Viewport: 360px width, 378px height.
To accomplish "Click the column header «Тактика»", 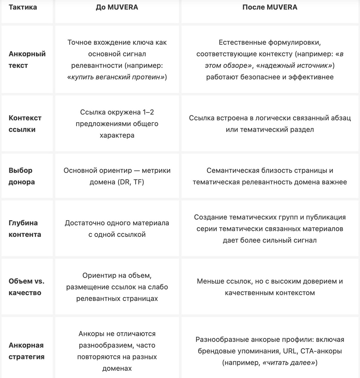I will point(23,7).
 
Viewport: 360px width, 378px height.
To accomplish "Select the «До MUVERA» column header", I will point(117,7).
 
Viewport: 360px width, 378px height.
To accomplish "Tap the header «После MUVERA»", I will point(270,7).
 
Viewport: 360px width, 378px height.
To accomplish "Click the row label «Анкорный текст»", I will point(27,60).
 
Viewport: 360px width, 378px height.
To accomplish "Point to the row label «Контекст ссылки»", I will point(25,123).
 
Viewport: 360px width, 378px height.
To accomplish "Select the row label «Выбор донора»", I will point(21,176).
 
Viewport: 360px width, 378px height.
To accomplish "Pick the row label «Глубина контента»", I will point(25,228).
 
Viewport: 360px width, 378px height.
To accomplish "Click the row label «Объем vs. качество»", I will point(26,287).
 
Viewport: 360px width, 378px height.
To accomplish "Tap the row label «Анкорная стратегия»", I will point(26,351).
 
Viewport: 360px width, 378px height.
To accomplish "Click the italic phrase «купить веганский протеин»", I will point(117,77).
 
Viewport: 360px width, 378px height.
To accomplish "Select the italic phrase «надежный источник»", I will point(294,66).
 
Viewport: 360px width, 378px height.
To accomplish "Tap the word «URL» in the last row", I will point(290,351).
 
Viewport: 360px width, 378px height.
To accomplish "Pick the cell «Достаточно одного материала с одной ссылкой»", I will point(117,228).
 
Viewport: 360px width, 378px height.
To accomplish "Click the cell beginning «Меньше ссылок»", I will point(270,287).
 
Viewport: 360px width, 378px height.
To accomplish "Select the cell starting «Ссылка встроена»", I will point(270,123).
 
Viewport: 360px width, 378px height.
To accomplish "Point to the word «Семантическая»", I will point(233,170).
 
